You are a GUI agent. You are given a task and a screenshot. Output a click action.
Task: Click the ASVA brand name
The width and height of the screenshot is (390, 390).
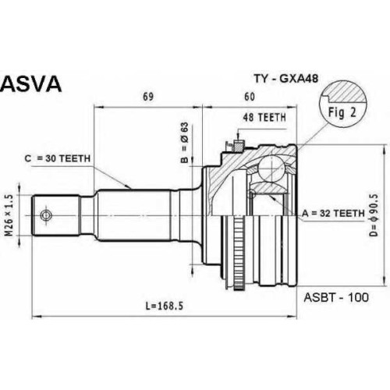click(31, 83)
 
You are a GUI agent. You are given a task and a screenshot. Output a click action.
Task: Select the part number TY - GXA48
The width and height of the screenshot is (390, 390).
click(286, 78)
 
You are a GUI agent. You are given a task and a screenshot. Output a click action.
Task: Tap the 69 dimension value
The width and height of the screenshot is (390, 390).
click(148, 97)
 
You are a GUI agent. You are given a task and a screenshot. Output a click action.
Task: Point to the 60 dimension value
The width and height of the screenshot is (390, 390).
click(250, 97)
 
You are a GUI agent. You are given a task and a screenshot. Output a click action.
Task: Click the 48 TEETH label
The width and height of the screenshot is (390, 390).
click(264, 118)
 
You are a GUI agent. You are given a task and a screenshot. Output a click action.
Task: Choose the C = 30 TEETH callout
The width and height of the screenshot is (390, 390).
click(58, 158)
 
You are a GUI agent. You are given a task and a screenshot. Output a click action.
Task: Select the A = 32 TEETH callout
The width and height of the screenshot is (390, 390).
click(333, 214)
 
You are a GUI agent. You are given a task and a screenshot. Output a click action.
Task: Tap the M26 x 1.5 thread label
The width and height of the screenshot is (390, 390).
click(9, 215)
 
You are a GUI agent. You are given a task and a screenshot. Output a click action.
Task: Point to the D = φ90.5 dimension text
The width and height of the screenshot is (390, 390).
click(374, 215)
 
